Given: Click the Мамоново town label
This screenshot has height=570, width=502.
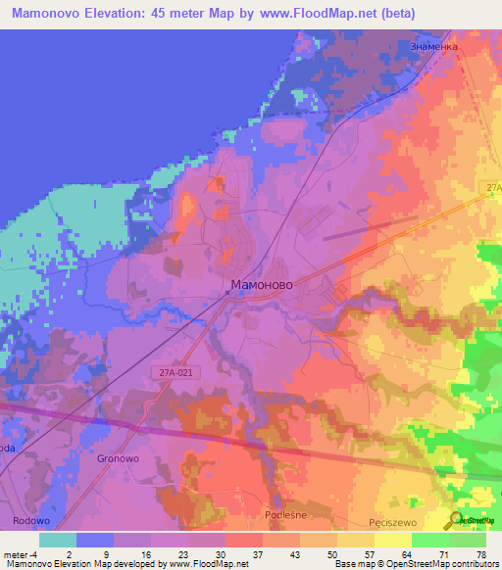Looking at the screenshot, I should tap(261, 285).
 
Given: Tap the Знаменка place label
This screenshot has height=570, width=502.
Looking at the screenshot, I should tap(432, 46).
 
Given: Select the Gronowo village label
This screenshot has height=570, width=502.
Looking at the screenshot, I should tap(117, 457).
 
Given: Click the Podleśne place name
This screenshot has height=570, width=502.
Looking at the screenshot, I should tap(287, 515).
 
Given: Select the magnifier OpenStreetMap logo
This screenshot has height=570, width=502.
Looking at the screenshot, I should tap(458, 521).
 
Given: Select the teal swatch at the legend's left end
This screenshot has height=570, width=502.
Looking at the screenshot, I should tap(58, 540).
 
